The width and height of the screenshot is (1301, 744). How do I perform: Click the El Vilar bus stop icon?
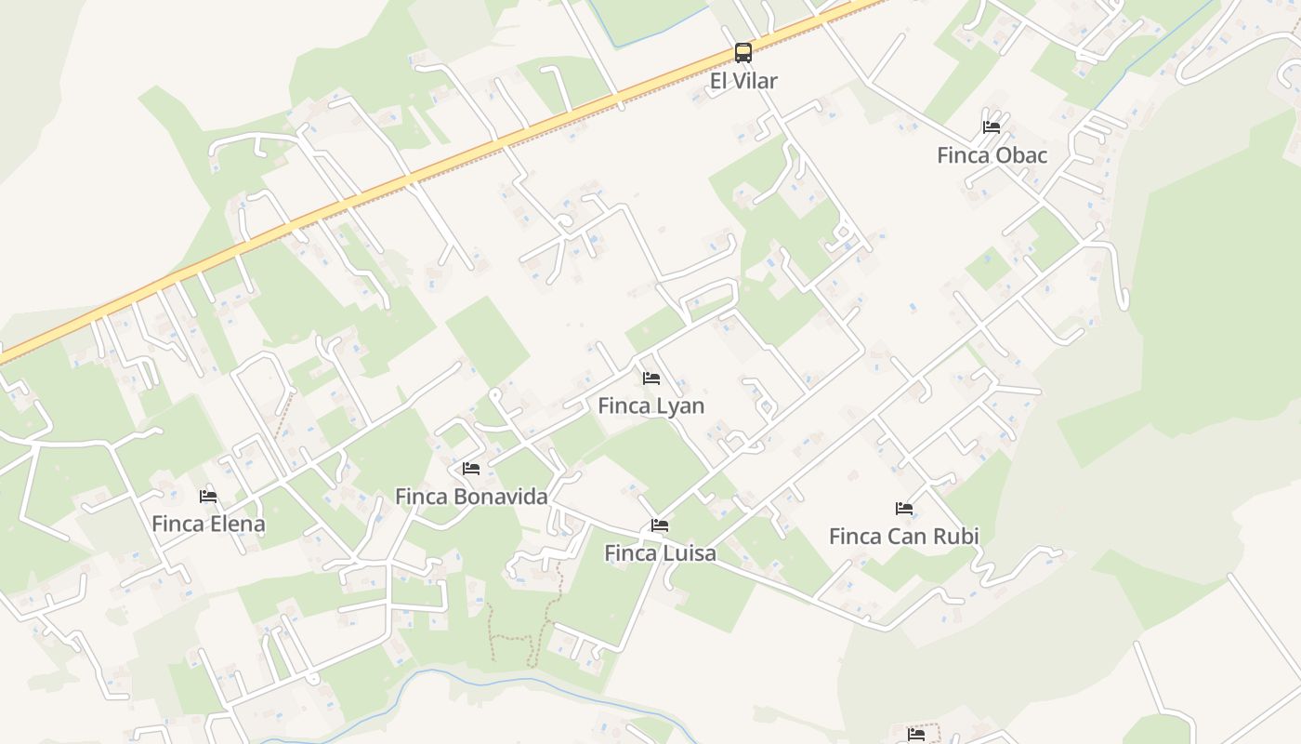[743, 52]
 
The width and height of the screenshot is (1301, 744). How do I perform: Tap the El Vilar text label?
[743, 81]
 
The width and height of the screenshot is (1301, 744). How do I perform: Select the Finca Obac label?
[992, 155]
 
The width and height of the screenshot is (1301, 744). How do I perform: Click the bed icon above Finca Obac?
[992, 126]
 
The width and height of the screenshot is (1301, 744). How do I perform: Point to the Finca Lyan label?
[650, 406]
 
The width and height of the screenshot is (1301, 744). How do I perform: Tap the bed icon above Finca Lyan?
[651, 379]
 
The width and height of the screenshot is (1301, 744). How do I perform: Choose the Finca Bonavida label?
[471, 497]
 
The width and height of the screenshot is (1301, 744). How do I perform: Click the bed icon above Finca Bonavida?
[471, 468]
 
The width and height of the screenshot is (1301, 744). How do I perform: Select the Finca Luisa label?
[660, 553]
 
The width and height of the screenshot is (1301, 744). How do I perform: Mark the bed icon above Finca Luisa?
[660, 525]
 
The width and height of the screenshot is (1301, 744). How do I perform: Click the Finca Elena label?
[208, 525]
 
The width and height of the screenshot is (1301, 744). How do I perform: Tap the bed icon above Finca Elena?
[208, 497]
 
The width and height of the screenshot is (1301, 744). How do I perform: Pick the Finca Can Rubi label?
[903, 537]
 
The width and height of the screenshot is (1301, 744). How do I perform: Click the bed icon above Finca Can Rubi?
[904, 509]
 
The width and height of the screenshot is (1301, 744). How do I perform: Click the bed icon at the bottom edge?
[916, 735]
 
